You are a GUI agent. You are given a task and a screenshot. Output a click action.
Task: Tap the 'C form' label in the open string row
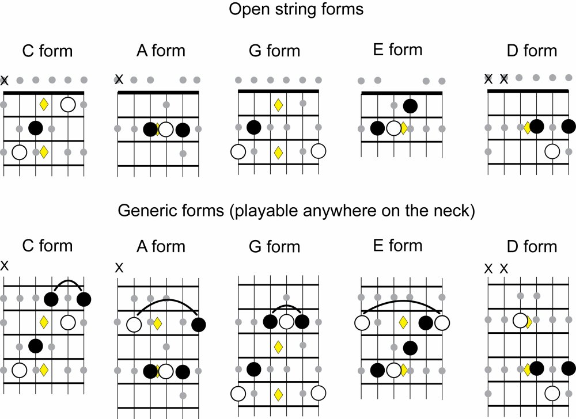click(47, 51)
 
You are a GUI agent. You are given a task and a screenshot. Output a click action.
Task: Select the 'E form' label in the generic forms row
click(398, 246)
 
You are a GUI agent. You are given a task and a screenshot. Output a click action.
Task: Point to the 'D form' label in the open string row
click(532, 51)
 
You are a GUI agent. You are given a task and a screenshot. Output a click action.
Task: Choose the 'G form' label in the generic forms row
click(275, 247)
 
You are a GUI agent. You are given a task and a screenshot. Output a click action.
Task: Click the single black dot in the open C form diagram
click(36, 128)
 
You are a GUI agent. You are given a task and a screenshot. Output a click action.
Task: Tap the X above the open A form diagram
click(119, 79)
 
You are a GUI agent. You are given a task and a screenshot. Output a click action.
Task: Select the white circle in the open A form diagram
click(166, 129)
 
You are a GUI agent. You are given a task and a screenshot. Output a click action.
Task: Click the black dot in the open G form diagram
click(253, 128)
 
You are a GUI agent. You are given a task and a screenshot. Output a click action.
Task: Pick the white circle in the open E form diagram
click(394, 128)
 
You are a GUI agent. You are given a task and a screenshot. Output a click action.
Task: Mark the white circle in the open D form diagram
click(552, 151)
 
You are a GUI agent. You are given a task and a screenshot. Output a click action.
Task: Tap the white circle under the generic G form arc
click(286, 322)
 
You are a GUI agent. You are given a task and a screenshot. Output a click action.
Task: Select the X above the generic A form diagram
click(119, 268)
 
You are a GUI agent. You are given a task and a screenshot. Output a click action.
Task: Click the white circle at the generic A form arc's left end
click(134, 325)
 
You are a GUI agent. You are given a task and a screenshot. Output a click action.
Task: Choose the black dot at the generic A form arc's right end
click(199, 325)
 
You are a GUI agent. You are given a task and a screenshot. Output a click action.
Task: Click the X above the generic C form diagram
click(5, 265)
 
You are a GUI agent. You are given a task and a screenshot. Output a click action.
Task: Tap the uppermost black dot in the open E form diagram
click(410, 105)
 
